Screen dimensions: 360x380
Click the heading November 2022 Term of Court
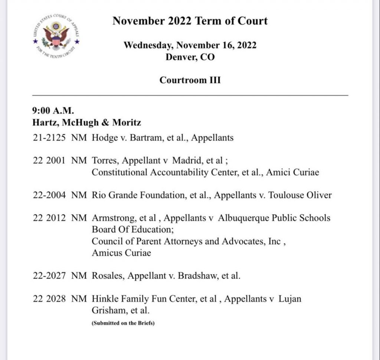190,20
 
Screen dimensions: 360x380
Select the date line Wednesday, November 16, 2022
190,45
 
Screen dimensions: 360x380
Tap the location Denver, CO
190,57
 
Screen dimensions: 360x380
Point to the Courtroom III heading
190,80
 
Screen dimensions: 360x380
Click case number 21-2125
49,138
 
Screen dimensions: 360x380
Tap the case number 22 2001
49,161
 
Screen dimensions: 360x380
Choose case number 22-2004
49,195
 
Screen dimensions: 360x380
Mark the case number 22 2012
49,218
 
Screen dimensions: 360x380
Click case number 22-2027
49,276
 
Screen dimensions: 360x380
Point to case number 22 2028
49,299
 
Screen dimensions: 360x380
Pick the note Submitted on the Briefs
123,323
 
